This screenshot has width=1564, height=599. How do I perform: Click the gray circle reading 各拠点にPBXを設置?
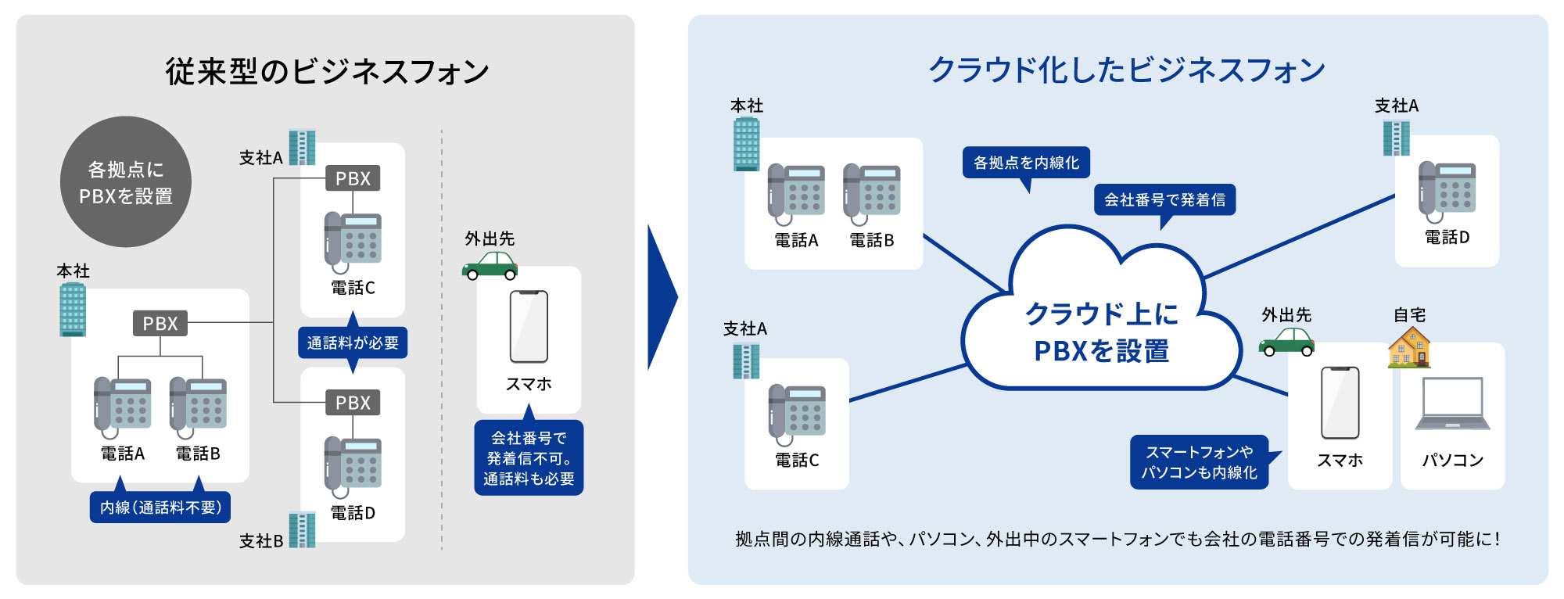click(x=126, y=182)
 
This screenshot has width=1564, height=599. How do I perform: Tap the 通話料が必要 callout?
click(x=353, y=343)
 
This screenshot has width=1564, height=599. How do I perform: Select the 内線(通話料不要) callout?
click(x=160, y=508)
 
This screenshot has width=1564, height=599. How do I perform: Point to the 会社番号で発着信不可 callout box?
click(x=529, y=458)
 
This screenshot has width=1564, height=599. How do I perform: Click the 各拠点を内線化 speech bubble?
click(x=1026, y=163)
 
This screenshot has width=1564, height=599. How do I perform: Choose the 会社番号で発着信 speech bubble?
click(x=1164, y=199)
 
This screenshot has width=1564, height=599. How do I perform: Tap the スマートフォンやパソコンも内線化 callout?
click(x=1199, y=462)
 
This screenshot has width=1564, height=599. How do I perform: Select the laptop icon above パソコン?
click(x=1452, y=404)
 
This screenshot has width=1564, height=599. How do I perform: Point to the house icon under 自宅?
click(x=1409, y=348)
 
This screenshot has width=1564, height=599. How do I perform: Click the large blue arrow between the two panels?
click(x=662, y=298)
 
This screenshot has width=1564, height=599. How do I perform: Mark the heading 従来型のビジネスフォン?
click(x=327, y=72)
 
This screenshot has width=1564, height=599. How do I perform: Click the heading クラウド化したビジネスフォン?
click(x=1126, y=70)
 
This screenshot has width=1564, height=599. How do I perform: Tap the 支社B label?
click(x=260, y=541)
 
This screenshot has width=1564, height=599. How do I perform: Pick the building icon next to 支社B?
click(x=302, y=529)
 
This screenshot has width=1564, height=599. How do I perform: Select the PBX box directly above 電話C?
click(x=353, y=178)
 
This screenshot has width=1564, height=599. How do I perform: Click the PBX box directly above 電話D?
click(x=353, y=403)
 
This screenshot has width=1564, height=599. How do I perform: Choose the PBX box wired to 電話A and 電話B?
click(x=160, y=323)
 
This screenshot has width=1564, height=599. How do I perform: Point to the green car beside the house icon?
click(x=1286, y=342)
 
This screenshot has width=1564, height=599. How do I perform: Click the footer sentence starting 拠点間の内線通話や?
click(x=1117, y=539)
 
